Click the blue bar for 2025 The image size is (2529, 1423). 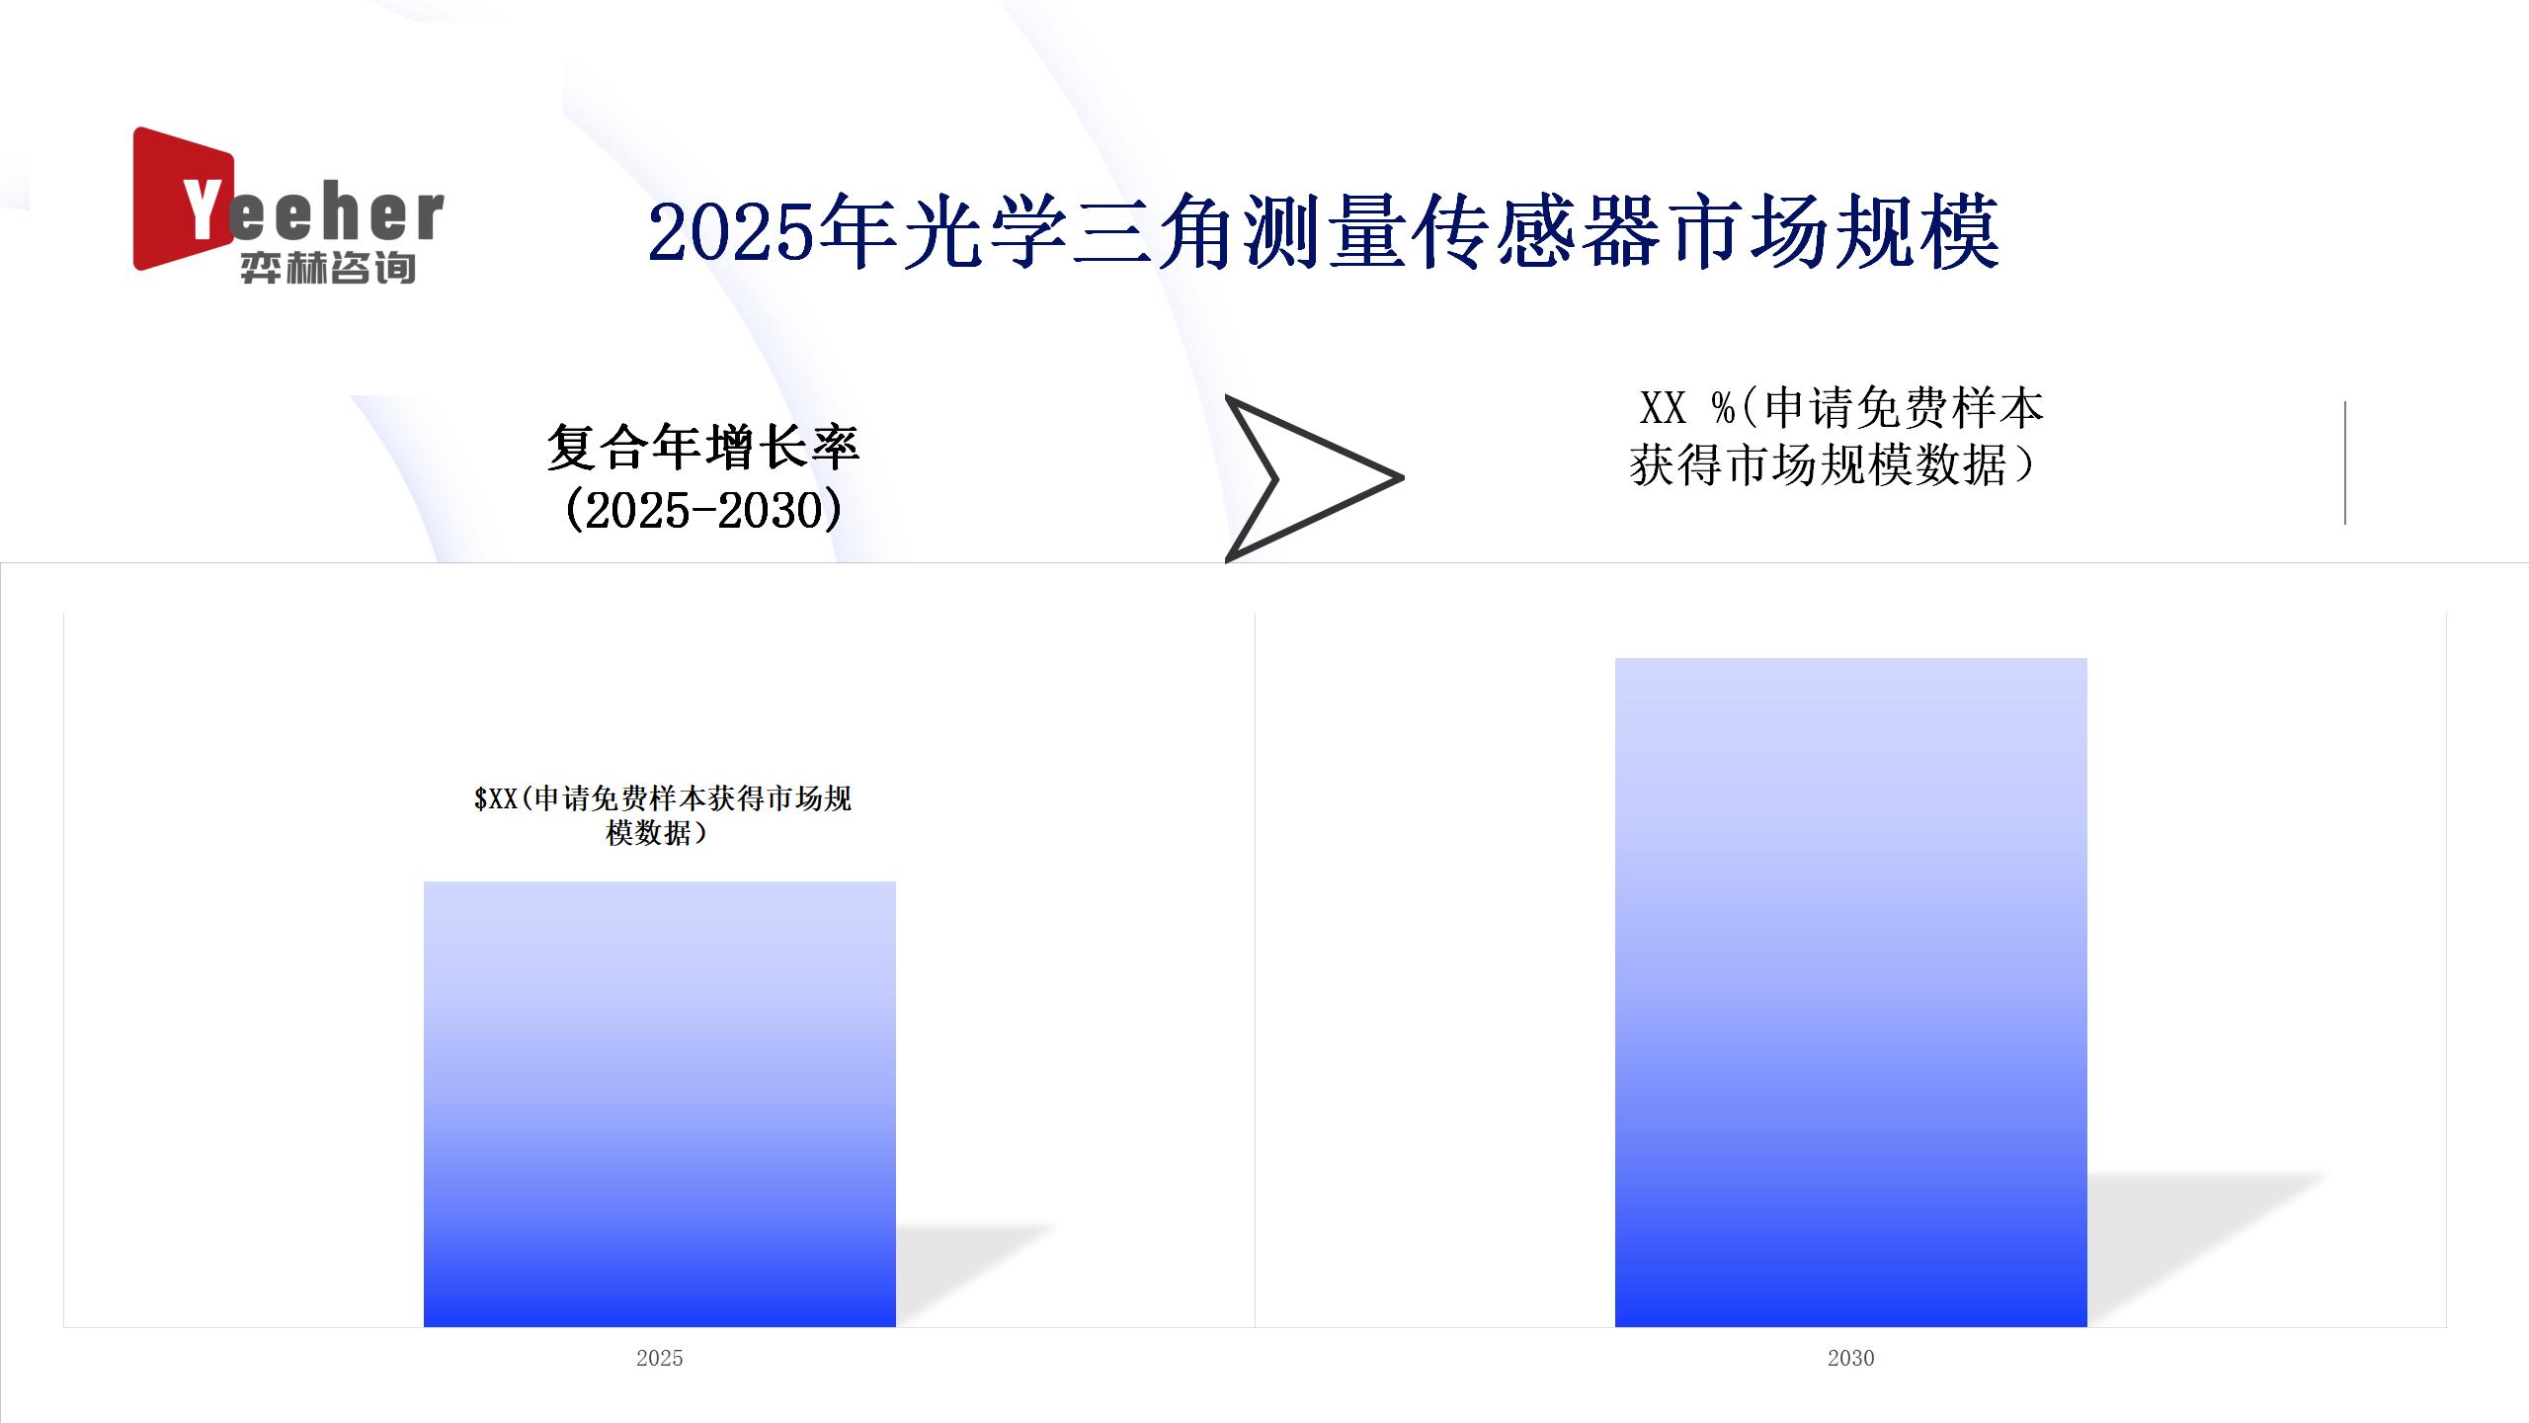(x=660, y=1104)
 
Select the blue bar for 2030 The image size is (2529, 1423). (x=1851, y=992)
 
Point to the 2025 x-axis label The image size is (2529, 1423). (x=660, y=1358)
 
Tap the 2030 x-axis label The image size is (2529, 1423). (x=1851, y=1358)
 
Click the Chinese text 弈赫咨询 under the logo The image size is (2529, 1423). (x=328, y=268)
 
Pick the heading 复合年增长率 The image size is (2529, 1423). (x=703, y=447)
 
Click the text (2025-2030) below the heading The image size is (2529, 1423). (x=703, y=510)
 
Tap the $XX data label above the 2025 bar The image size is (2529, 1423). (x=662, y=815)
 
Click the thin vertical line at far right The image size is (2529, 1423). (x=2345, y=462)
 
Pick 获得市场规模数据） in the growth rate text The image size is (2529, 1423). (x=1834, y=464)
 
